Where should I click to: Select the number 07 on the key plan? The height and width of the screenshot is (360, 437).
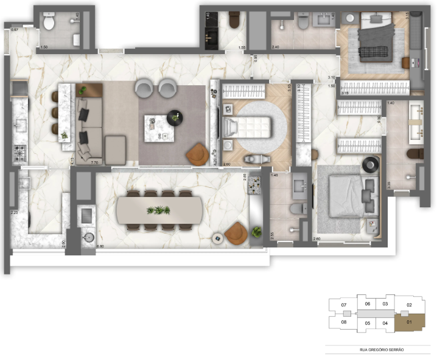pyautogui.click(x=344, y=305)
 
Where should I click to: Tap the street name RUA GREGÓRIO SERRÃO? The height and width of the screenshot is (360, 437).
pyautogui.click(x=381, y=350)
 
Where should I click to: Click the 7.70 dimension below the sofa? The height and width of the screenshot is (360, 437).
pyautogui.click(x=94, y=162)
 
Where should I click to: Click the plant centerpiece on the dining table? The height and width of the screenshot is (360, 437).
pyautogui.click(x=159, y=210)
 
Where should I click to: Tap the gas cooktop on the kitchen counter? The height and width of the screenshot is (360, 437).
pyautogui.click(x=20, y=151)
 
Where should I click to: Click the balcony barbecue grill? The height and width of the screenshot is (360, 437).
pyautogui.click(x=86, y=215)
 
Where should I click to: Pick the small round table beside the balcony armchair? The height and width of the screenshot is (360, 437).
pyautogui.click(x=217, y=238)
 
